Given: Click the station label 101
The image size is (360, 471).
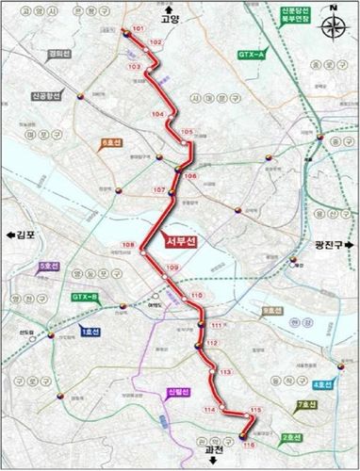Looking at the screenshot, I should click(139, 31).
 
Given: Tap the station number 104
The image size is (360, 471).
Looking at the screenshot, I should click(157, 114).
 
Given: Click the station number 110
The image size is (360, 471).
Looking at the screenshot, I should click(196, 297).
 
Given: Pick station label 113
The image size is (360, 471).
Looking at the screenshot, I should click(224, 373).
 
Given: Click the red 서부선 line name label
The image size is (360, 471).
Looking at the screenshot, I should click(180, 237).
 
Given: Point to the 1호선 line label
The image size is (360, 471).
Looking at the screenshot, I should click(92, 331).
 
